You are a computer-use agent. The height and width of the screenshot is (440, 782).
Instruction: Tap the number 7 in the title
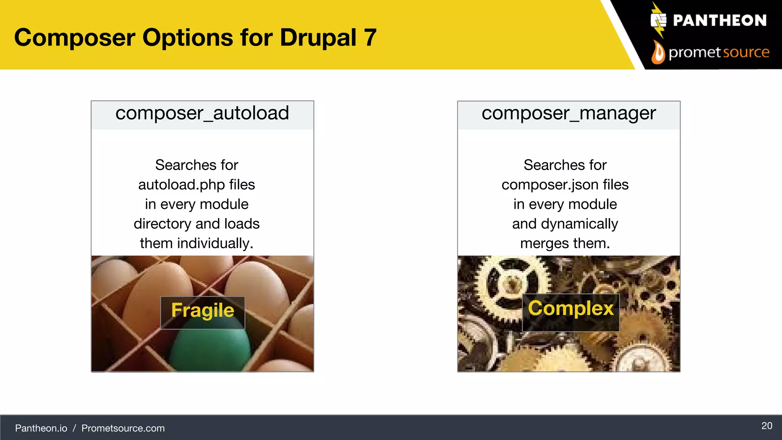point(370,38)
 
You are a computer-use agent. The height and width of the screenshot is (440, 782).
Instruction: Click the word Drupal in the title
point(318,38)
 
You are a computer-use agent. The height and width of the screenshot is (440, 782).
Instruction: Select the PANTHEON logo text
point(719,21)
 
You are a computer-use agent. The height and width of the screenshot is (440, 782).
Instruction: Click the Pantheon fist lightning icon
point(658,20)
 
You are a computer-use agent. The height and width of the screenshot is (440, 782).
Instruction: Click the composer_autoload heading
point(202,113)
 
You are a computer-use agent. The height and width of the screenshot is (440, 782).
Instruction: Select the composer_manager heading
point(569,113)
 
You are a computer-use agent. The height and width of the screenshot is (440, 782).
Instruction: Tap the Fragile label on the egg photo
point(202,311)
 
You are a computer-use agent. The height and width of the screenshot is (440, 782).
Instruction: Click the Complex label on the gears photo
point(570,309)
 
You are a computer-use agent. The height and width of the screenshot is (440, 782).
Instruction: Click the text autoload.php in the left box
point(182,185)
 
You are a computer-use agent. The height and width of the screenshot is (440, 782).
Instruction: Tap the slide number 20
point(766,426)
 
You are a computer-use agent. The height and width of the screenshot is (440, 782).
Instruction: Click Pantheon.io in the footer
point(41,428)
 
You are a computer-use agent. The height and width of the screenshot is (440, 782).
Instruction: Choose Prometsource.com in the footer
point(123,428)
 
